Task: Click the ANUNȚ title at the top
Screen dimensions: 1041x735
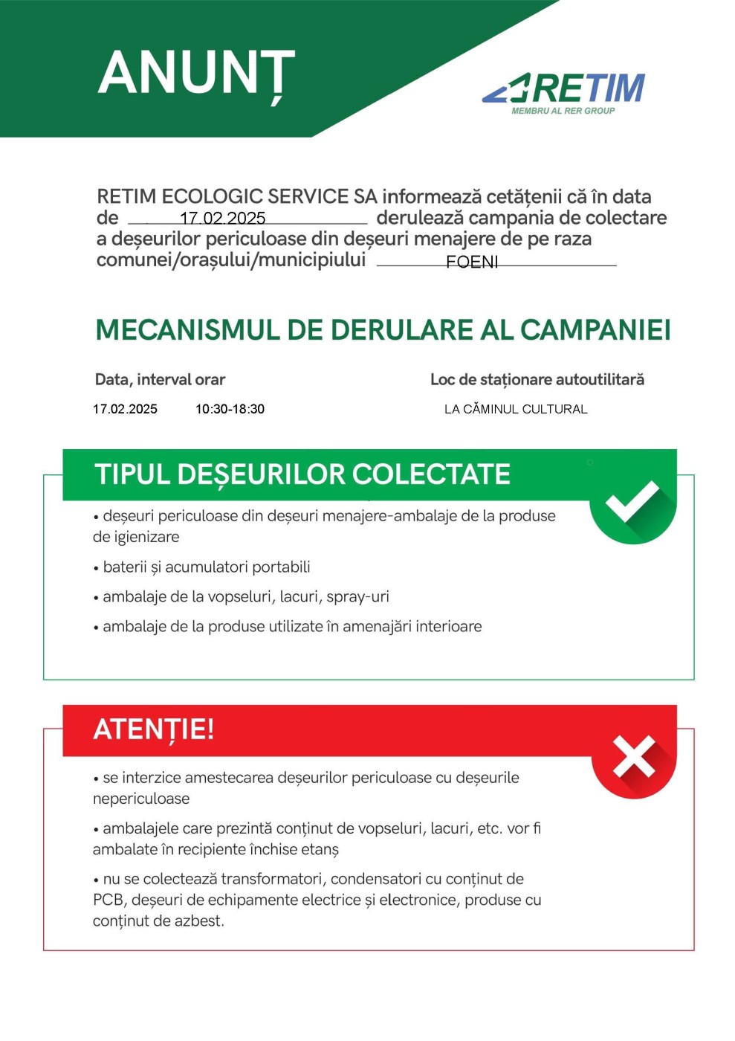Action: (x=196, y=74)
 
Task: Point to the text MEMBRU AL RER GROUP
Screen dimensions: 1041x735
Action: (x=563, y=111)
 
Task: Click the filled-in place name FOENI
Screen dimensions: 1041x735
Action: (x=472, y=262)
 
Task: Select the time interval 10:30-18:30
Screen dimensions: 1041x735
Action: (x=230, y=409)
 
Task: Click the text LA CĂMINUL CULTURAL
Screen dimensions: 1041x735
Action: (x=516, y=409)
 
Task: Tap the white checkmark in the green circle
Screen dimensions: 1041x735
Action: (x=632, y=501)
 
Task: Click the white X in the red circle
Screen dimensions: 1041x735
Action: (x=634, y=756)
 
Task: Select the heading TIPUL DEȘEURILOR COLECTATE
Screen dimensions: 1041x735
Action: (x=302, y=474)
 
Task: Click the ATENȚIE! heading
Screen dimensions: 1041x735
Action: (x=154, y=729)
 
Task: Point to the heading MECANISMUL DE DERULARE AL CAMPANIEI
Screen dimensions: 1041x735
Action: (x=383, y=330)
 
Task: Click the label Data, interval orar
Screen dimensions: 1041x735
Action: (x=160, y=379)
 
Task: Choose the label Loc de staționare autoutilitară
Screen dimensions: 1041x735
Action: (x=537, y=379)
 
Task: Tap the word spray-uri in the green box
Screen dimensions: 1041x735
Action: (x=360, y=596)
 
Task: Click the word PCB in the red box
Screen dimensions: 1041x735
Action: (x=107, y=900)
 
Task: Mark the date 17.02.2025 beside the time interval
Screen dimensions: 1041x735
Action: (x=125, y=409)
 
